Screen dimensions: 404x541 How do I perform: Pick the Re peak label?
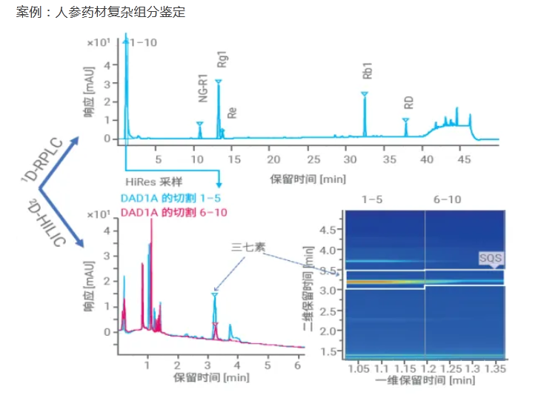[232, 113]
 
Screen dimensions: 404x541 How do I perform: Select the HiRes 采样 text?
[153, 182]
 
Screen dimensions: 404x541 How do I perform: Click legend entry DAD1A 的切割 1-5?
[170, 198]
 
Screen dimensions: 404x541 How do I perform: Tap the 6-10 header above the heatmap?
[448, 199]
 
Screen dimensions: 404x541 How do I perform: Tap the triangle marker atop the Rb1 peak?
[364, 93]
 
